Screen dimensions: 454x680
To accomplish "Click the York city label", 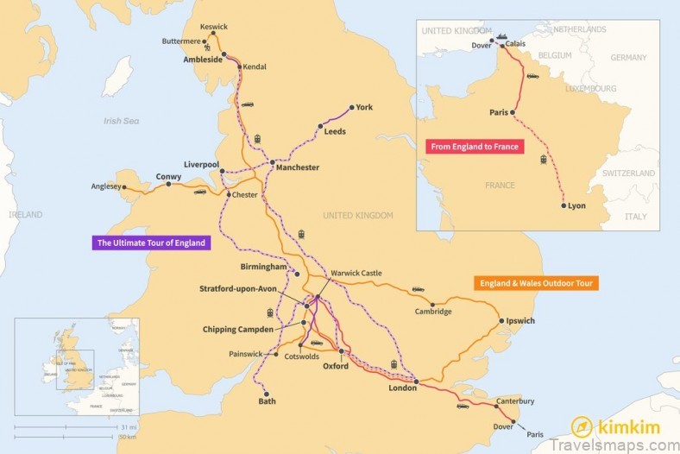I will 364,108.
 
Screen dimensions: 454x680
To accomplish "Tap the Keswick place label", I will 213,27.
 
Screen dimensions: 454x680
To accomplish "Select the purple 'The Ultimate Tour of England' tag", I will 151,243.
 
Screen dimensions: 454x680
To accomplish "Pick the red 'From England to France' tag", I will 475,147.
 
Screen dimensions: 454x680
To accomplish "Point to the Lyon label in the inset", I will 576,206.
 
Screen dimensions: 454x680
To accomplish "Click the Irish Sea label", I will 121,122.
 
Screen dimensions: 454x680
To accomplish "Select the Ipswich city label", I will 520,321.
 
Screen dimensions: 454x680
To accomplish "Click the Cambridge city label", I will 433,312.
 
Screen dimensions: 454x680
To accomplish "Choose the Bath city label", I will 268,401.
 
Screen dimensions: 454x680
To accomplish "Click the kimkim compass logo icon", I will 582,427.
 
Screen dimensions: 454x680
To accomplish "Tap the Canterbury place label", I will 515,401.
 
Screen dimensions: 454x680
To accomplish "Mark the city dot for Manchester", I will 272,162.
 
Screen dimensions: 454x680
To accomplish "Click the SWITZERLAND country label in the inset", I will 629,173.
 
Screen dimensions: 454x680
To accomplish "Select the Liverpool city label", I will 201,164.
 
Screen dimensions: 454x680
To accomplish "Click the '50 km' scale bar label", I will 129,437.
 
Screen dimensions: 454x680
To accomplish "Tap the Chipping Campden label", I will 237,330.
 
